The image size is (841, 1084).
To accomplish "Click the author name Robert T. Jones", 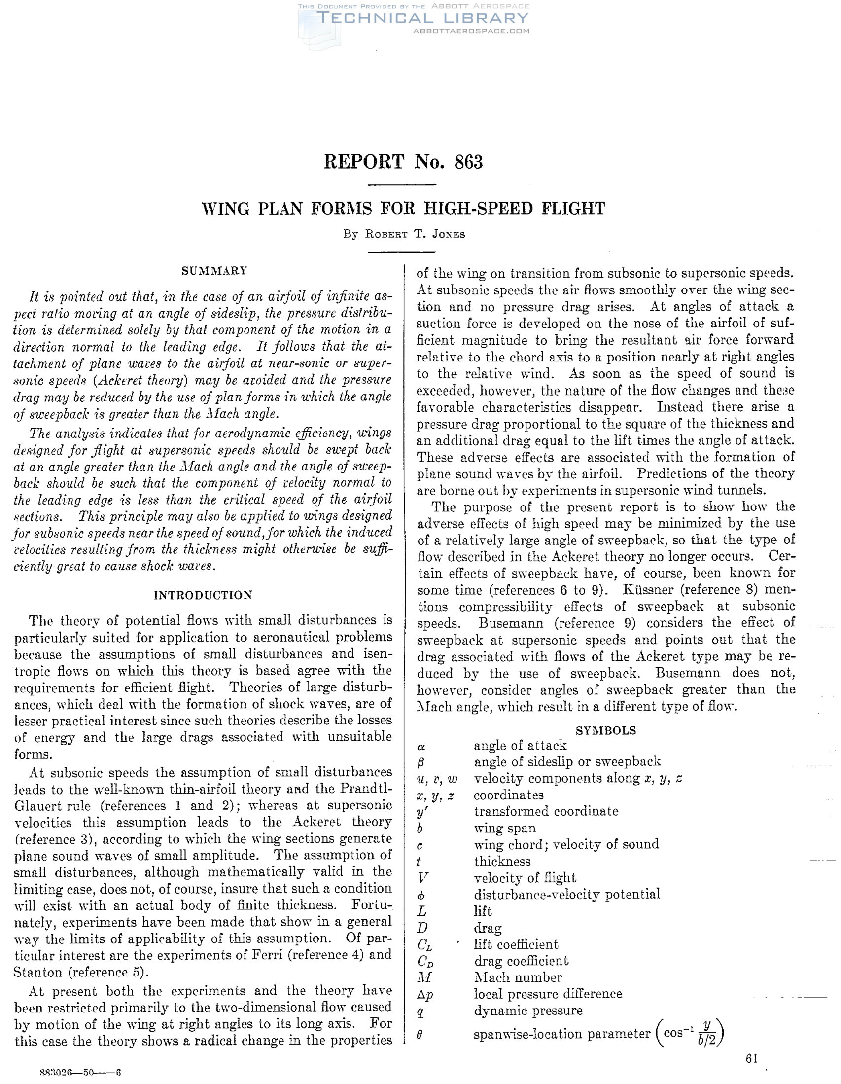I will tap(415, 235).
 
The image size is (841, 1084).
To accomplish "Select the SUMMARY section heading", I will tap(214, 271).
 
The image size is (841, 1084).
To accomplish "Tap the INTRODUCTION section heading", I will tap(203, 595).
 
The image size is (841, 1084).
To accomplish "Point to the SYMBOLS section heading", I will tap(605, 730).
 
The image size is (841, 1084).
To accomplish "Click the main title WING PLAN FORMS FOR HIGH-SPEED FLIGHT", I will tap(403, 209).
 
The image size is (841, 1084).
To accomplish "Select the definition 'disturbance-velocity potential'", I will tap(566, 895).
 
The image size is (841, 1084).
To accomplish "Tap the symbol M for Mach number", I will tap(423, 977).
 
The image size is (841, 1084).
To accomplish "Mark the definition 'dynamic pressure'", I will tap(528, 1011).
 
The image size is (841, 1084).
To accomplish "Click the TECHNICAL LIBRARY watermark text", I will tap(423, 18).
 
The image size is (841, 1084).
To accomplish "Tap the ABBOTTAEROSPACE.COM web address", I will tap(471, 31).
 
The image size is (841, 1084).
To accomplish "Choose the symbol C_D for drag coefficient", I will tap(426, 961).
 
